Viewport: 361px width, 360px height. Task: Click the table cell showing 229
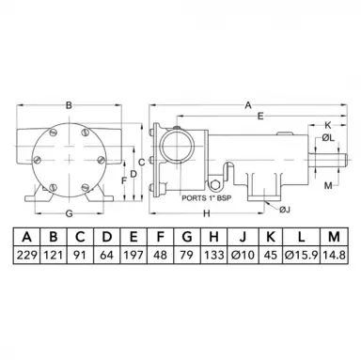(27, 255)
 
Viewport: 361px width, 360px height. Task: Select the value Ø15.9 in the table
(301, 255)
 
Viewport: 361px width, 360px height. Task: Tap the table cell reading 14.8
(334, 255)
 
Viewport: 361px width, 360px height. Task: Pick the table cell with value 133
(213, 255)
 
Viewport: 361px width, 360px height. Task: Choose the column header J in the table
(243, 237)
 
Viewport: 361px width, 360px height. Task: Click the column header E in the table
(133, 237)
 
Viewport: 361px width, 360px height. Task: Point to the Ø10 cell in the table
(243, 255)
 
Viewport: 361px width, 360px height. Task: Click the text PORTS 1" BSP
(207, 198)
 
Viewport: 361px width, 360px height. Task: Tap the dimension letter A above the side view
(248, 105)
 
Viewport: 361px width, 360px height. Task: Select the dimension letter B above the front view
(69, 105)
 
